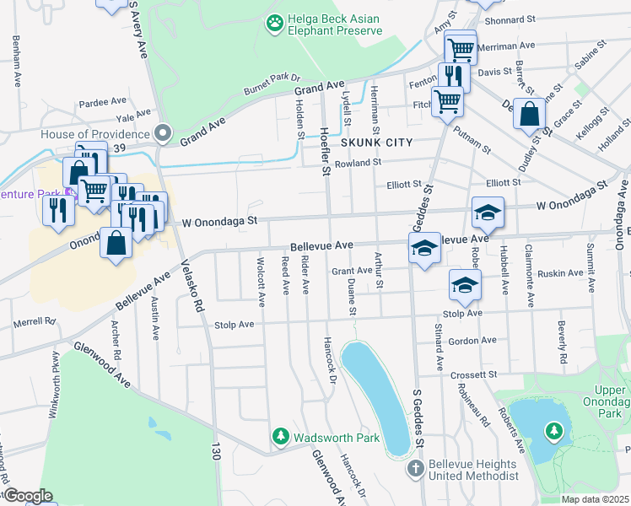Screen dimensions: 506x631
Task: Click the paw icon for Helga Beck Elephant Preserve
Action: point(274,24)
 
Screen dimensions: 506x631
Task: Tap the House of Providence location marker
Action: point(163,133)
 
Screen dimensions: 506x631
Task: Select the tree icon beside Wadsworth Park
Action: point(281,437)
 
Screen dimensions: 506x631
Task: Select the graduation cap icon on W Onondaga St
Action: point(488,213)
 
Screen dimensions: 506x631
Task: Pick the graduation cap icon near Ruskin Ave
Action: point(464,286)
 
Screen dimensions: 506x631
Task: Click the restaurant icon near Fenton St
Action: point(455,76)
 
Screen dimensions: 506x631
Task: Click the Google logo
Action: point(27,495)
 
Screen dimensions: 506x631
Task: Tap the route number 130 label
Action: point(216,451)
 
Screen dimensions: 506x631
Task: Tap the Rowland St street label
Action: point(358,163)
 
